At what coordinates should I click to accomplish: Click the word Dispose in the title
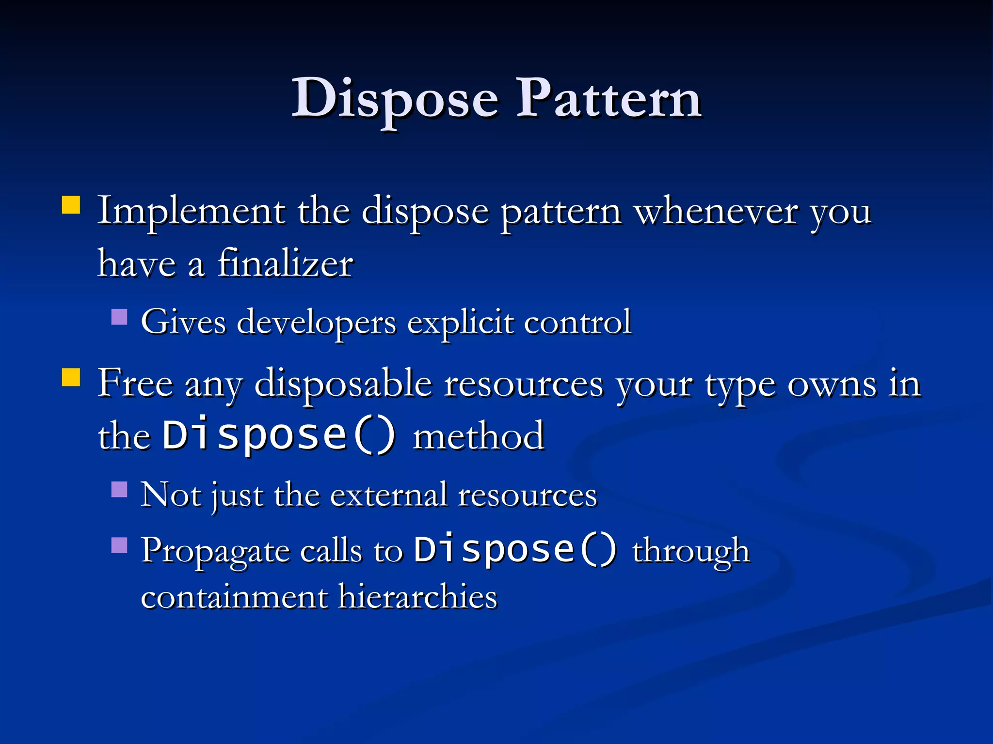pos(395,99)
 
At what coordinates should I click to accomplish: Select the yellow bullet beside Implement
pos(71,204)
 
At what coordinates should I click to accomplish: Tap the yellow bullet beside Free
pos(71,377)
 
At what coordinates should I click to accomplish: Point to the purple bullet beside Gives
pos(119,317)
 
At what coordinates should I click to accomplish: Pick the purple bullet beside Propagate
pos(119,545)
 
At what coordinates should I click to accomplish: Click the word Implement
pos(192,211)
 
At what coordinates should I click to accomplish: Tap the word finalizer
pos(285,264)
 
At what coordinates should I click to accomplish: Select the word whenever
pos(717,211)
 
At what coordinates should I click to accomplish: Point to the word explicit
pos(460,322)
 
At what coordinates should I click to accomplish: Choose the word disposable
pos(343,384)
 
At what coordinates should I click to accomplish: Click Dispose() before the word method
pos(279,435)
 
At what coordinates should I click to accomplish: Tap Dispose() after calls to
pos(515,549)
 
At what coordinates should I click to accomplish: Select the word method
pos(479,436)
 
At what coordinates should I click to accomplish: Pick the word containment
pos(234,596)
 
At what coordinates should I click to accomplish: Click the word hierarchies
pos(418,596)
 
